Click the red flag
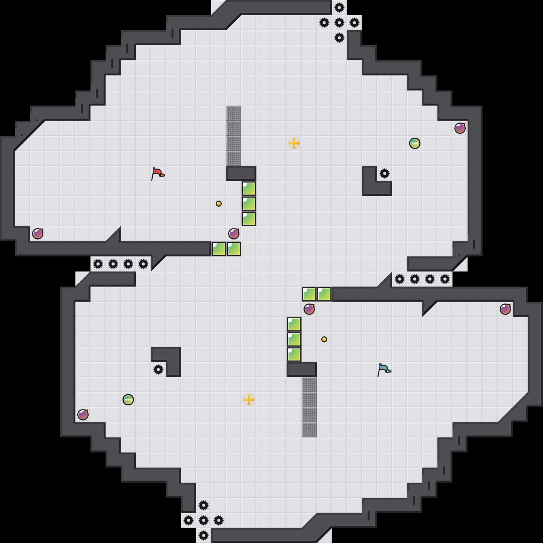tap(158, 173)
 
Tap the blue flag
tap(384, 370)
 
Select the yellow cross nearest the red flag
tap(294, 143)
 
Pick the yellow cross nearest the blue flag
tap(249, 400)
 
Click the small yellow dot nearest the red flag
tap(219, 204)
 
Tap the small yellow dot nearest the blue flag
tap(324, 339)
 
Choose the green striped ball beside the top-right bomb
tap(415, 143)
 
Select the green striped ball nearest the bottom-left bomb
tap(128, 400)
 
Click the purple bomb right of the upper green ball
tap(460, 128)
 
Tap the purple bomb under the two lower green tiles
tap(309, 309)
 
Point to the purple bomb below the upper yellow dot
tap(234, 234)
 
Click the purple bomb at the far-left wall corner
tap(38, 234)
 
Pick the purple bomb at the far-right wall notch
tap(505, 309)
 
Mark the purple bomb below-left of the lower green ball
tap(83, 415)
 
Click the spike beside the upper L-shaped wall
tap(385, 173)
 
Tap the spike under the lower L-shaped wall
tap(158, 370)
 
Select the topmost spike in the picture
tap(339, 8)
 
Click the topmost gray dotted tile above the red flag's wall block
tap(234, 113)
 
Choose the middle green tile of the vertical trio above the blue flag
tap(294, 339)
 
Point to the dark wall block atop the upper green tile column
tap(241, 173)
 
